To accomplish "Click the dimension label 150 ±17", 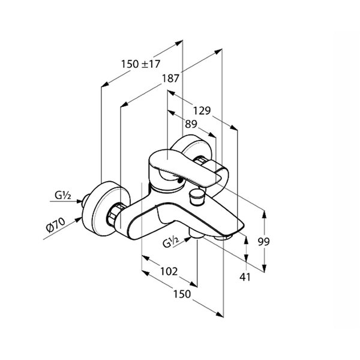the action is point(140,64).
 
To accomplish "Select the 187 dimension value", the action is point(170,79).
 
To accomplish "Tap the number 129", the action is point(202,111).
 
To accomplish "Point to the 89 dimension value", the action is point(191,124).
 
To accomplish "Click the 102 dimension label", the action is point(169,271).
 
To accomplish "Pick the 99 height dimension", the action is point(263,242).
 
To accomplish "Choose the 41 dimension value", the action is point(245,277).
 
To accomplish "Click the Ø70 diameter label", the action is point(56,225).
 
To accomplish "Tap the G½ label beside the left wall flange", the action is point(62,196).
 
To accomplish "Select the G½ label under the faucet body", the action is point(170,242).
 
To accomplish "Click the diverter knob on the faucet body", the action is point(196,196).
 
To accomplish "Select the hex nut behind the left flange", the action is point(114,214).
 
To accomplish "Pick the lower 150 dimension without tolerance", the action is point(182,294).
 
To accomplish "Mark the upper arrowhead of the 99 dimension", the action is point(264,214).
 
